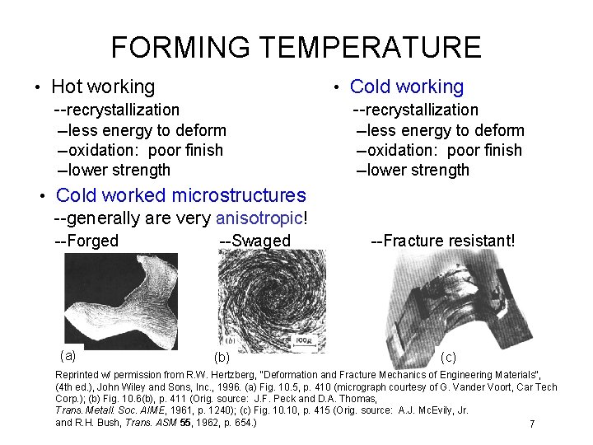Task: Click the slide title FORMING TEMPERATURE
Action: [296, 47]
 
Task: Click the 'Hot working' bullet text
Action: [103, 87]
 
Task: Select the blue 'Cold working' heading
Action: [407, 87]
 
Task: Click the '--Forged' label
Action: [86, 241]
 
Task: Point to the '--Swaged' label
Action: [255, 241]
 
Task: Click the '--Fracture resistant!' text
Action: [443, 241]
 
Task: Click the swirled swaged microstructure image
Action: [255, 301]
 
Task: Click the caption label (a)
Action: [68, 355]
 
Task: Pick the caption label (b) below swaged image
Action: [222, 358]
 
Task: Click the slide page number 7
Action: [532, 424]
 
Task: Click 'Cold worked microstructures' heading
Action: [180, 195]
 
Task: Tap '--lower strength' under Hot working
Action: [114, 171]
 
